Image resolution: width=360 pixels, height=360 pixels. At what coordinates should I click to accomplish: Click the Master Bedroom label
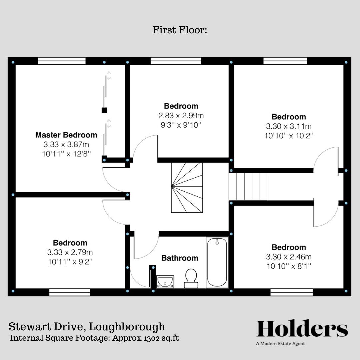(66, 135)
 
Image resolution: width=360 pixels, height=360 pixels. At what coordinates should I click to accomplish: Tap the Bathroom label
(180, 258)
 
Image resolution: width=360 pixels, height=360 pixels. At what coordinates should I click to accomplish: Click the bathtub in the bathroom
(217, 263)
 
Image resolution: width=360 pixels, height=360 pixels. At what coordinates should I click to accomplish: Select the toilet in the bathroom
(191, 278)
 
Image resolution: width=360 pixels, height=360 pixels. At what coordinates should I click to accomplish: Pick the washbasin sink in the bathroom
(165, 281)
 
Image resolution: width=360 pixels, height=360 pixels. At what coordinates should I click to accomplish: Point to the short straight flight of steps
(248, 186)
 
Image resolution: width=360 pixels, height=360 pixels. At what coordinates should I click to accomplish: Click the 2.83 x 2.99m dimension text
(181, 116)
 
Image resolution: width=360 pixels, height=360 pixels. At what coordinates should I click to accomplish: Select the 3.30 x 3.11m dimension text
(289, 126)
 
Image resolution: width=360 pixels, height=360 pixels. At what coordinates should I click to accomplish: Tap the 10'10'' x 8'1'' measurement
(289, 266)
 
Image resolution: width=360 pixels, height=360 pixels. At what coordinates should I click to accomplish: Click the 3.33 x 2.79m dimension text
(70, 252)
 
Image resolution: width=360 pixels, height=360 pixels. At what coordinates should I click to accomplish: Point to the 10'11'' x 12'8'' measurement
(66, 154)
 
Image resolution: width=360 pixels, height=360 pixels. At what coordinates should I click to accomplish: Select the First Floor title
(180, 30)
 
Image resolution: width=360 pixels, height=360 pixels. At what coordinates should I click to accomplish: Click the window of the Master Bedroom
(62, 61)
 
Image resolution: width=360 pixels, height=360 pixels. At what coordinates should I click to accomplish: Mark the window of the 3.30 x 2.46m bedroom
(291, 292)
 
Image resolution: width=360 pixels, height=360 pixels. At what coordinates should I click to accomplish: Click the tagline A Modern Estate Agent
(280, 344)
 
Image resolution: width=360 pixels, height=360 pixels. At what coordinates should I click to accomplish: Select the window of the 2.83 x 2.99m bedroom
(176, 61)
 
